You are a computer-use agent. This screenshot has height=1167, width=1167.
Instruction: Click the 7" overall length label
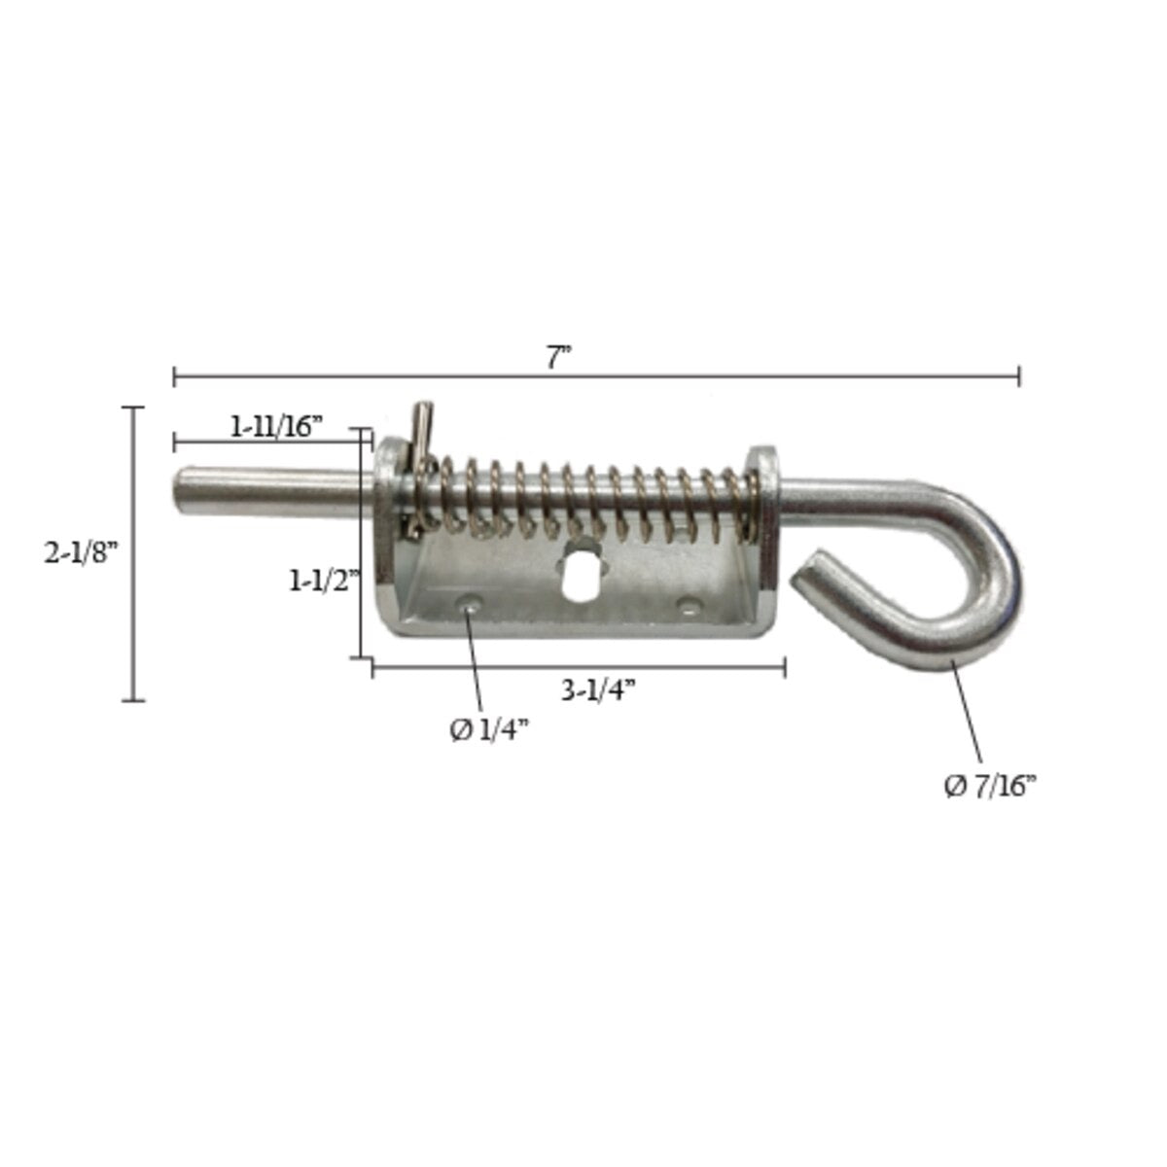tap(557, 357)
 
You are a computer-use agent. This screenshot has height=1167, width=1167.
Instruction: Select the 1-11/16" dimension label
tap(275, 426)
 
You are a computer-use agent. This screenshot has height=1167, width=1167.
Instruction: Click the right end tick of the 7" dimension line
tap(1018, 375)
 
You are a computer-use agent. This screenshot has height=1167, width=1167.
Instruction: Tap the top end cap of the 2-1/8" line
tap(133, 408)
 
